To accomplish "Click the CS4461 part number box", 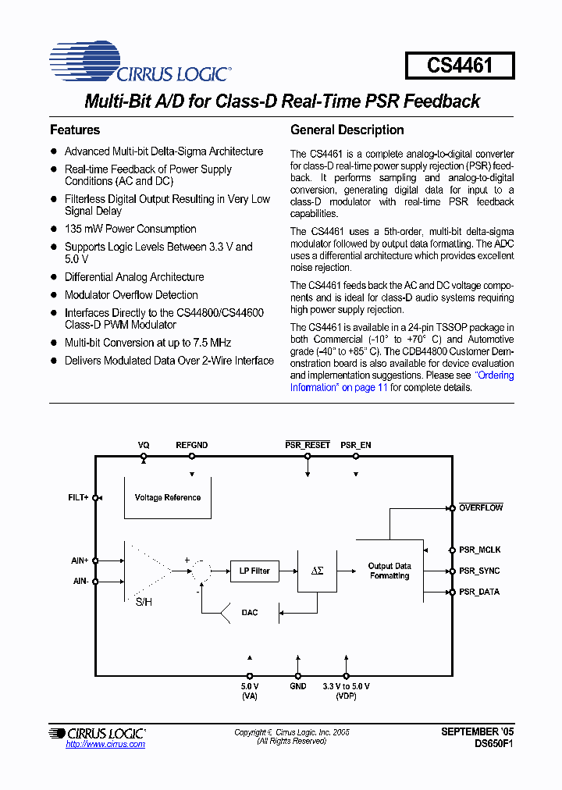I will click(x=460, y=65).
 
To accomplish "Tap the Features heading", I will click(x=75, y=130).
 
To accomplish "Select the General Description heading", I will click(x=347, y=130).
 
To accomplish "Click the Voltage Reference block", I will click(x=168, y=497).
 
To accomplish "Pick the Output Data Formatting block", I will click(x=389, y=571).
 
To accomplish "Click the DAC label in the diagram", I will click(x=249, y=613).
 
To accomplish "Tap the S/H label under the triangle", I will click(x=144, y=602).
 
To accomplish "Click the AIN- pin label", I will click(x=80, y=581).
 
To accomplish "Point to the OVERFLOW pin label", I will click(x=481, y=507).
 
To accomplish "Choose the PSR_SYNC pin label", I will click(x=479, y=571).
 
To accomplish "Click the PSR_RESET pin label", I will click(x=308, y=445).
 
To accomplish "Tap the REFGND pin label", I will click(x=191, y=445).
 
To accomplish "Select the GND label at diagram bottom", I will click(x=298, y=686).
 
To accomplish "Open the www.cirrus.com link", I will click(x=105, y=744).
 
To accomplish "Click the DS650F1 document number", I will click(x=494, y=744).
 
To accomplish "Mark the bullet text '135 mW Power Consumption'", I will click(x=130, y=229).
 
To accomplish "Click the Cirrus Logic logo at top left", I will click(x=139, y=63).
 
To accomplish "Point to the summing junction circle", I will click(x=201, y=571).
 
